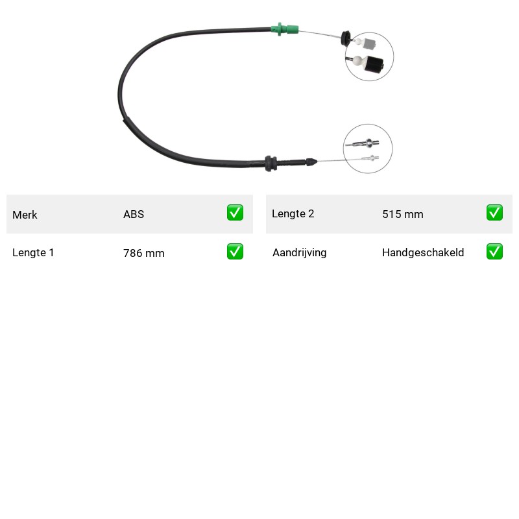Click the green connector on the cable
[284, 29]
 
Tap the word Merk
[25, 215]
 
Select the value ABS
[134, 214]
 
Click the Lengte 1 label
[33, 252]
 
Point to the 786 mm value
[144, 253]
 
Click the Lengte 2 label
[293, 214]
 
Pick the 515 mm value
[403, 214]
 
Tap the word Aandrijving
[300, 252]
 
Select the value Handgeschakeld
[423, 252]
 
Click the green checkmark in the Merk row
[235, 213]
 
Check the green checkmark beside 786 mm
[235, 252]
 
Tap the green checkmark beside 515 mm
[494, 213]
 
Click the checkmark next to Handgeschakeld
[494, 252]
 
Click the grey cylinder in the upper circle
[370, 44]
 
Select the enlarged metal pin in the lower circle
[363, 143]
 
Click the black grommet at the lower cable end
[271, 163]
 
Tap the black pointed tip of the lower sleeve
[311, 162]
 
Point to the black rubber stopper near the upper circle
[345, 38]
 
